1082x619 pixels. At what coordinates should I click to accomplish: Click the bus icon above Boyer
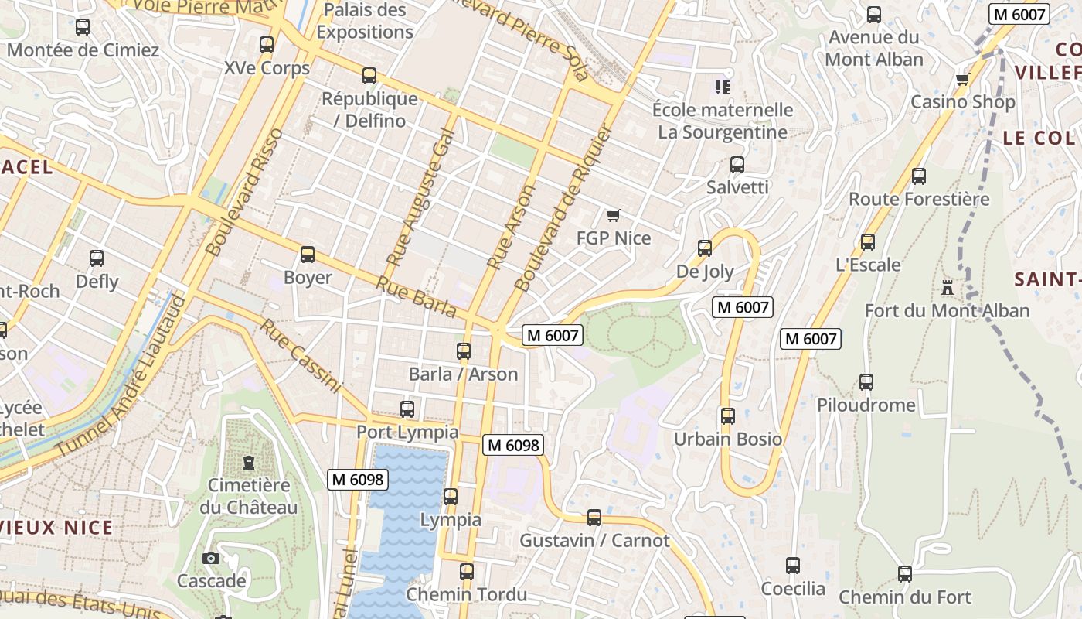click(308, 255)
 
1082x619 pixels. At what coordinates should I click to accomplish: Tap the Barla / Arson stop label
click(463, 374)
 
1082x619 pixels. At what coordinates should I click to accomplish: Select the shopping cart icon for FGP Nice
click(614, 215)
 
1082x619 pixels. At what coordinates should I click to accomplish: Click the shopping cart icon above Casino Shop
click(962, 79)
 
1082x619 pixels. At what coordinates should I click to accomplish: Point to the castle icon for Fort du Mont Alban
click(947, 289)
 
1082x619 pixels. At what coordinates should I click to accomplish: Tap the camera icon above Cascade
click(210, 558)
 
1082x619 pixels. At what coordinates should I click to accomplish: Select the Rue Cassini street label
click(300, 355)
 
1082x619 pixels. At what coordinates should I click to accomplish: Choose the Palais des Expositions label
click(365, 21)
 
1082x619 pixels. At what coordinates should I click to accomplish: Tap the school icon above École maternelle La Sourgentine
click(723, 87)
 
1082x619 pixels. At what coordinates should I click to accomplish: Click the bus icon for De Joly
click(705, 248)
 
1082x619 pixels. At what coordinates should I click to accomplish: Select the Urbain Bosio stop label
click(728, 439)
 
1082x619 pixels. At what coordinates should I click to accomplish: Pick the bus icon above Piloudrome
click(866, 382)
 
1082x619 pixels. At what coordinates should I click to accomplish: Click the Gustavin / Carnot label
click(594, 540)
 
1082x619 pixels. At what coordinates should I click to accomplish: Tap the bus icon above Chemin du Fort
click(905, 574)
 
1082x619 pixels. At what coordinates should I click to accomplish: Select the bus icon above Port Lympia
click(407, 409)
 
